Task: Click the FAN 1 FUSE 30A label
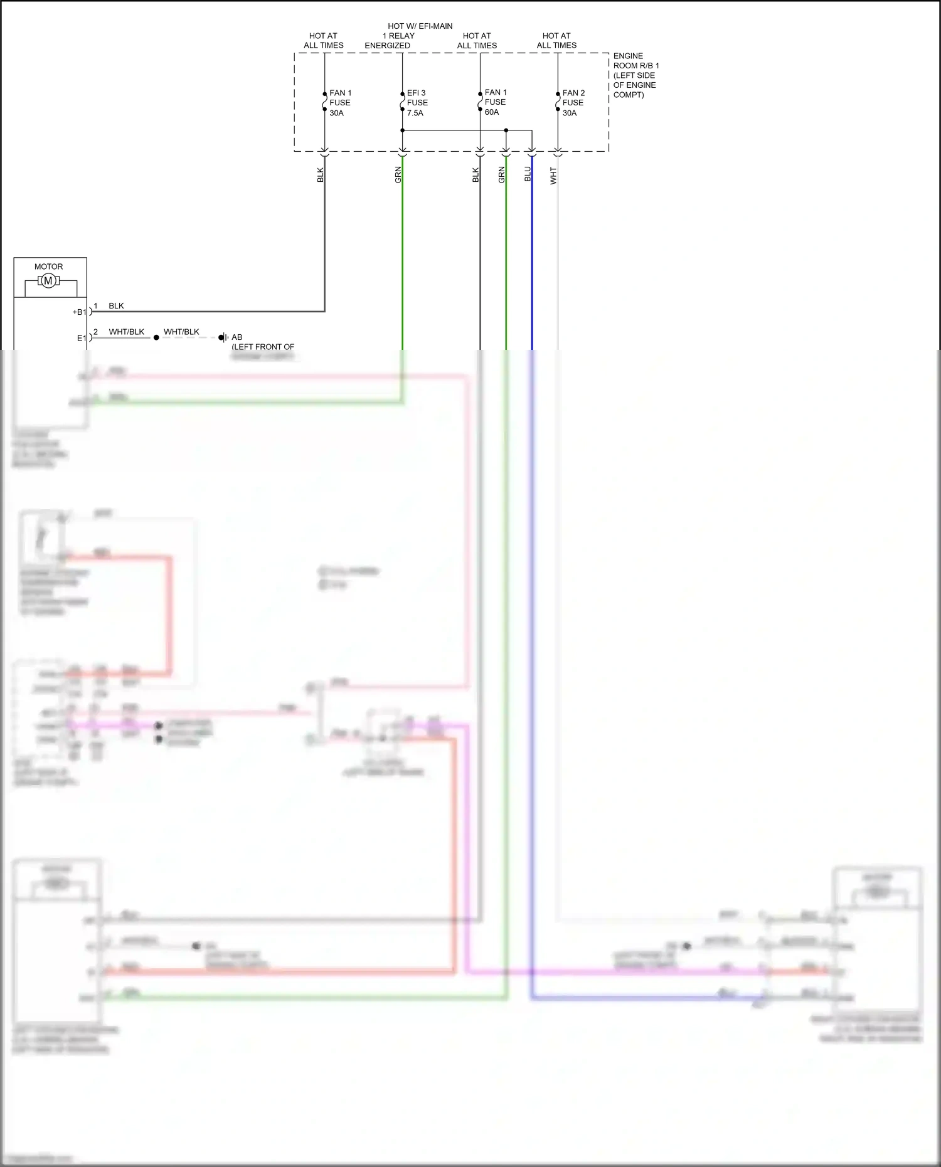pyautogui.click(x=340, y=103)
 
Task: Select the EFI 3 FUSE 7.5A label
pyautogui.click(x=417, y=103)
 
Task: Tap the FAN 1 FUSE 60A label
pyautogui.click(x=495, y=102)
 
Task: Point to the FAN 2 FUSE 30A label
pyautogui.click(x=573, y=103)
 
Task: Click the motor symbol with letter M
pyautogui.click(x=48, y=282)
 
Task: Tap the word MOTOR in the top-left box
pyautogui.click(x=48, y=267)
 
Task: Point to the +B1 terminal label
pyautogui.click(x=80, y=312)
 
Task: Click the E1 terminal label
pyautogui.click(x=82, y=338)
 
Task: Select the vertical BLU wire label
pyautogui.click(x=528, y=174)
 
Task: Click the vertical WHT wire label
pyautogui.click(x=553, y=176)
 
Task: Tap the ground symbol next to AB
pyautogui.click(x=223, y=337)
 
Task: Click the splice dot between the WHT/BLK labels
pyautogui.click(x=156, y=337)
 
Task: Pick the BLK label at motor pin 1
pyautogui.click(x=116, y=306)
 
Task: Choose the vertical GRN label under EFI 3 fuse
pyautogui.click(x=398, y=176)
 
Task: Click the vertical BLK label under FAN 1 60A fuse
pyautogui.click(x=476, y=176)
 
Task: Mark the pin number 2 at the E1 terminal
pyautogui.click(x=95, y=332)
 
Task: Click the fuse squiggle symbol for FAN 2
pyautogui.click(x=558, y=102)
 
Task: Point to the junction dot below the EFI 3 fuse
pyautogui.click(x=402, y=130)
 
